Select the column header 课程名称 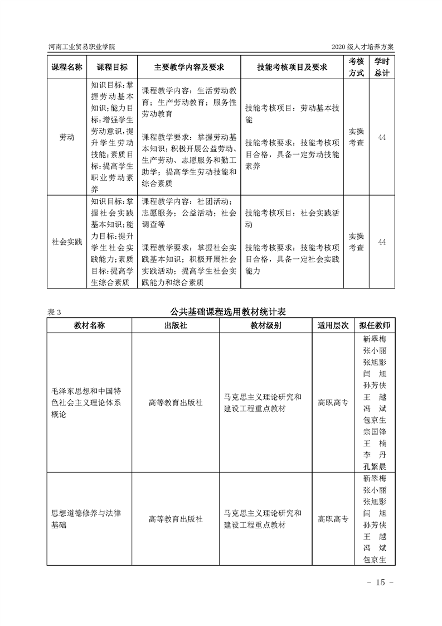[67, 67]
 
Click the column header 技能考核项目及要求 [292, 67]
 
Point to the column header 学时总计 [382, 67]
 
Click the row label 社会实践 [67, 242]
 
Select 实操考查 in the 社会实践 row [357, 242]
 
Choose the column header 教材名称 [89, 325]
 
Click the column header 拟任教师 [375, 325]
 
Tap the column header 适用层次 [333, 325]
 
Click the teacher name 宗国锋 [375, 431]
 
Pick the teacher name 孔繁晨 [375, 466]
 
